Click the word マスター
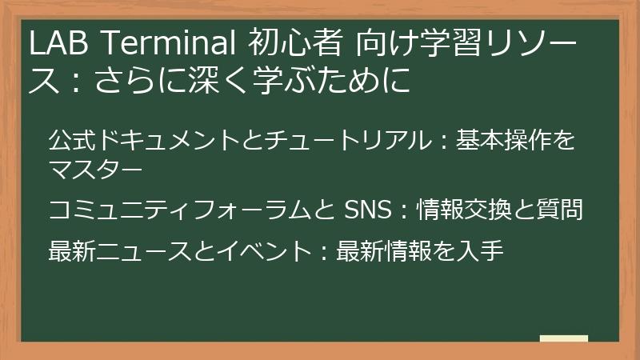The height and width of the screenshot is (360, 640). [96, 170]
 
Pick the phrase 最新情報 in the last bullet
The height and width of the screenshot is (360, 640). [383, 252]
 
